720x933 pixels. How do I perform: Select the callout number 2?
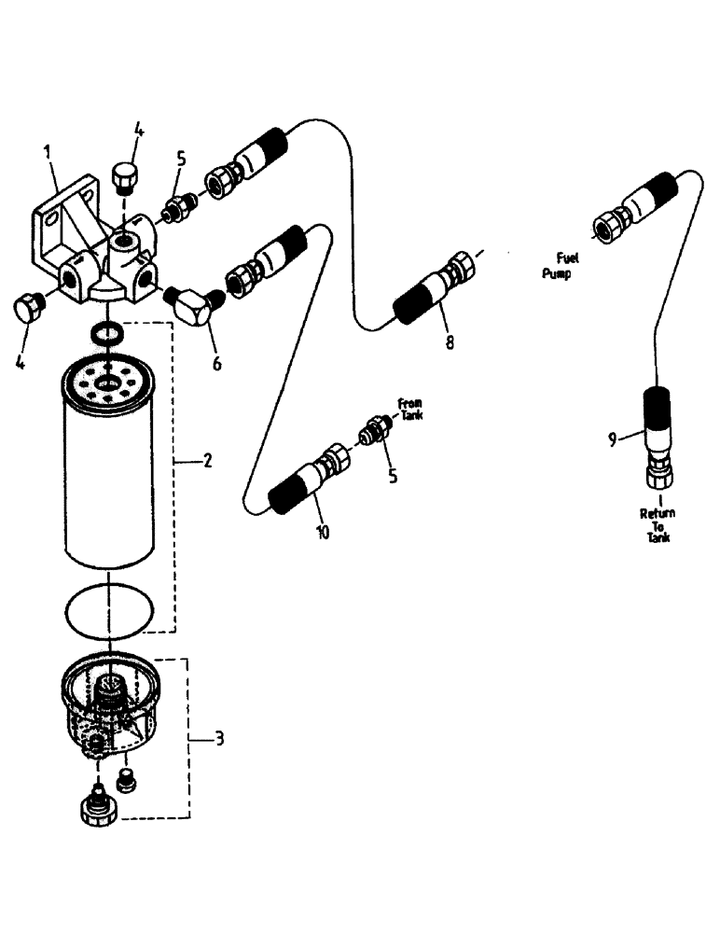click(207, 461)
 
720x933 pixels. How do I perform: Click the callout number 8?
click(450, 342)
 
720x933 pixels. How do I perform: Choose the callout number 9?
click(613, 439)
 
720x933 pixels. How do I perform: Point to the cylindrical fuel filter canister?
click(111, 476)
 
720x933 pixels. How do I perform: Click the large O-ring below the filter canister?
click(110, 611)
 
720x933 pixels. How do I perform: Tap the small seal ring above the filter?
click(105, 331)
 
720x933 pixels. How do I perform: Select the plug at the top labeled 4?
click(126, 174)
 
